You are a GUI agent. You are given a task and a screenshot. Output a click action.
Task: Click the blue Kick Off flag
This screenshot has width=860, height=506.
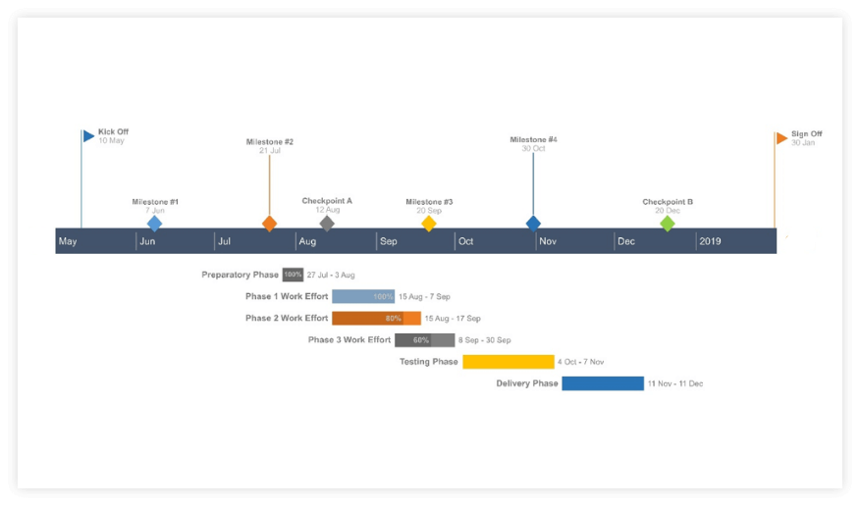click(88, 136)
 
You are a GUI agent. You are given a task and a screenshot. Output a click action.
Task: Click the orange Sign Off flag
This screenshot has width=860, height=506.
click(781, 138)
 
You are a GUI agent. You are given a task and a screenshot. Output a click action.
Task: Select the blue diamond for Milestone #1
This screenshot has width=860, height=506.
click(154, 224)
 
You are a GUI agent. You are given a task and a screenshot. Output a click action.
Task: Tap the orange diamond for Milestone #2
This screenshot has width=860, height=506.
click(270, 224)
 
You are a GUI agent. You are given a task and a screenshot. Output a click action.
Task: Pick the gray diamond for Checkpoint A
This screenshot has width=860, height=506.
click(327, 224)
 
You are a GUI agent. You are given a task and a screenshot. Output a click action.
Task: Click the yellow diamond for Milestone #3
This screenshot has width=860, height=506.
click(429, 224)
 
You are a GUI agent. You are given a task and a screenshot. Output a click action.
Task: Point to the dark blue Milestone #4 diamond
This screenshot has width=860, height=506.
click(533, 224)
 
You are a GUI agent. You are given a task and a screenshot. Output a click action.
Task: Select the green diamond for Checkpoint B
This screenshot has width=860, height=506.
click(668, 224)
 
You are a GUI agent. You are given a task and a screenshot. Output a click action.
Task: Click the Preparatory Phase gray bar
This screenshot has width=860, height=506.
click(293, 276)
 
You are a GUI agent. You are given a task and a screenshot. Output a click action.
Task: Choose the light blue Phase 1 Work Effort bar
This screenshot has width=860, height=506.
click(363, 296)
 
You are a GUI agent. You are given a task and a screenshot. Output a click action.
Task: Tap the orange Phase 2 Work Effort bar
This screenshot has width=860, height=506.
click(376, 319)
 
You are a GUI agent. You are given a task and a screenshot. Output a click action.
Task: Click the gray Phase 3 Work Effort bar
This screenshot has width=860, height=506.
click(424, 340)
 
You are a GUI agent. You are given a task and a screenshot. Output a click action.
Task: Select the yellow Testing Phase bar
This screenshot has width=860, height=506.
click(508, 362)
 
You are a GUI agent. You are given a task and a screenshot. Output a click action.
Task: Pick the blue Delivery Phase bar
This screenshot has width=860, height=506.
click(602, 383)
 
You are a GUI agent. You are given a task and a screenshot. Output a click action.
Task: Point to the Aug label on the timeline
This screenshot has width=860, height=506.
click(307, 241)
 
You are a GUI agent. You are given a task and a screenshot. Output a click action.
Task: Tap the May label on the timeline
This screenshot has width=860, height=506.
click(68, 241)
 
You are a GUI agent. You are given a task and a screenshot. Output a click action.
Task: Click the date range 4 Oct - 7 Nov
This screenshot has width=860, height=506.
click(581, 362)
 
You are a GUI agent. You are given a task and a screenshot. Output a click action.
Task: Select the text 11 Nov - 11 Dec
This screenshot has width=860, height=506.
click(674, 383)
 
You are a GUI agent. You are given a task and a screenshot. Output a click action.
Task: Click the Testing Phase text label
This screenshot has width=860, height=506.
click(428, 362)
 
